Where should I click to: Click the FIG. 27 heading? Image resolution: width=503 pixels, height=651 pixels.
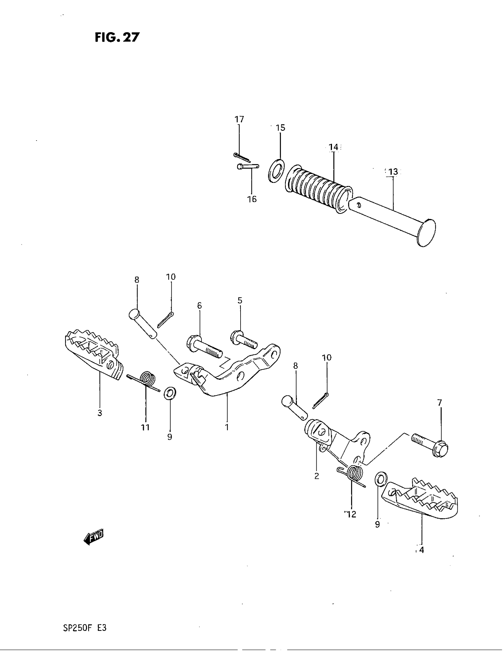point(117,38)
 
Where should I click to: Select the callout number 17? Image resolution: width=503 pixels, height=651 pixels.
point(239,119)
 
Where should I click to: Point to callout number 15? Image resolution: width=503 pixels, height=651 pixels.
point(280,128)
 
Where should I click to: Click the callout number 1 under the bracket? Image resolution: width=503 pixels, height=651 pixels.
point(227,427)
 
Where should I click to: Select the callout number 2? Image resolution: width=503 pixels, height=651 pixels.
point(317,476)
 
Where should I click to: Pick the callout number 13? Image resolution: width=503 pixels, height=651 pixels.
point(393,172)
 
